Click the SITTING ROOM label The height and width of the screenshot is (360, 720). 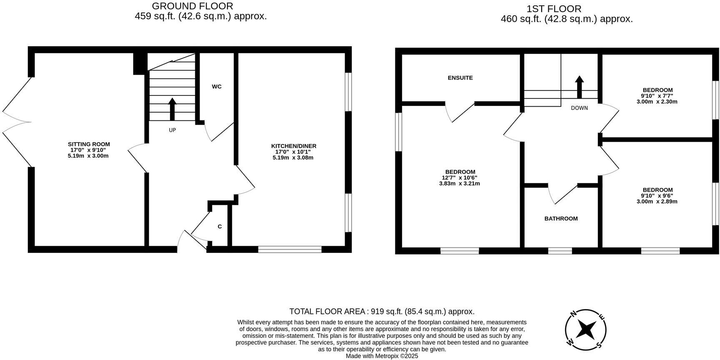89,144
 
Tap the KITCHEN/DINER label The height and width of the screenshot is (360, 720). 293,146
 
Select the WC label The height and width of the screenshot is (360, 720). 217,87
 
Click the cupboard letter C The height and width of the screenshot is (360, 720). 220,227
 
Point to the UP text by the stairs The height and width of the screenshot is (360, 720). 172,130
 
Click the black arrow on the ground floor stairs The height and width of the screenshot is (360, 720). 172,109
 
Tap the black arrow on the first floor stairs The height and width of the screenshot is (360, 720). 579,87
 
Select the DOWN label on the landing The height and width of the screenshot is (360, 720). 579,108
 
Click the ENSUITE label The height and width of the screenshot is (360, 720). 460,78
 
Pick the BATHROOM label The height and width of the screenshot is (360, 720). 561,219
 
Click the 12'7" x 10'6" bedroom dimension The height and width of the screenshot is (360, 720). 460,177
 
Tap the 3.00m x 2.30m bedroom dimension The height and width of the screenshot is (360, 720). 657,102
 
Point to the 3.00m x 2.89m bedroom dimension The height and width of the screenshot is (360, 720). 657,202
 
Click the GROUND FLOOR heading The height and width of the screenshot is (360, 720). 192,6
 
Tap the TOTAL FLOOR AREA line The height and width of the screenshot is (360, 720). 382,312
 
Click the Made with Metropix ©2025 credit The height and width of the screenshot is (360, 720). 382,356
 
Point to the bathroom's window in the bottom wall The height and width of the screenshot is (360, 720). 560,251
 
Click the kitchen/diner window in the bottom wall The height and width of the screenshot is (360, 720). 290,249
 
